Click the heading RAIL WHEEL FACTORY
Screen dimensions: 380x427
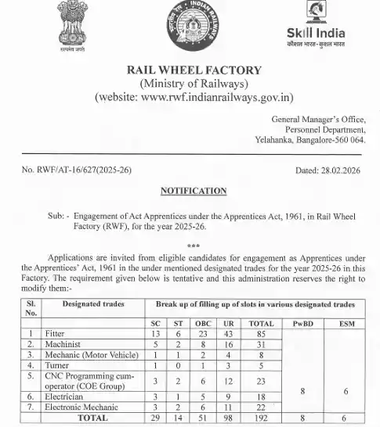click(x=194, y=71)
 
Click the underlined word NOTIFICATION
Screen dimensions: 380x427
click(x=194, y=191)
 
